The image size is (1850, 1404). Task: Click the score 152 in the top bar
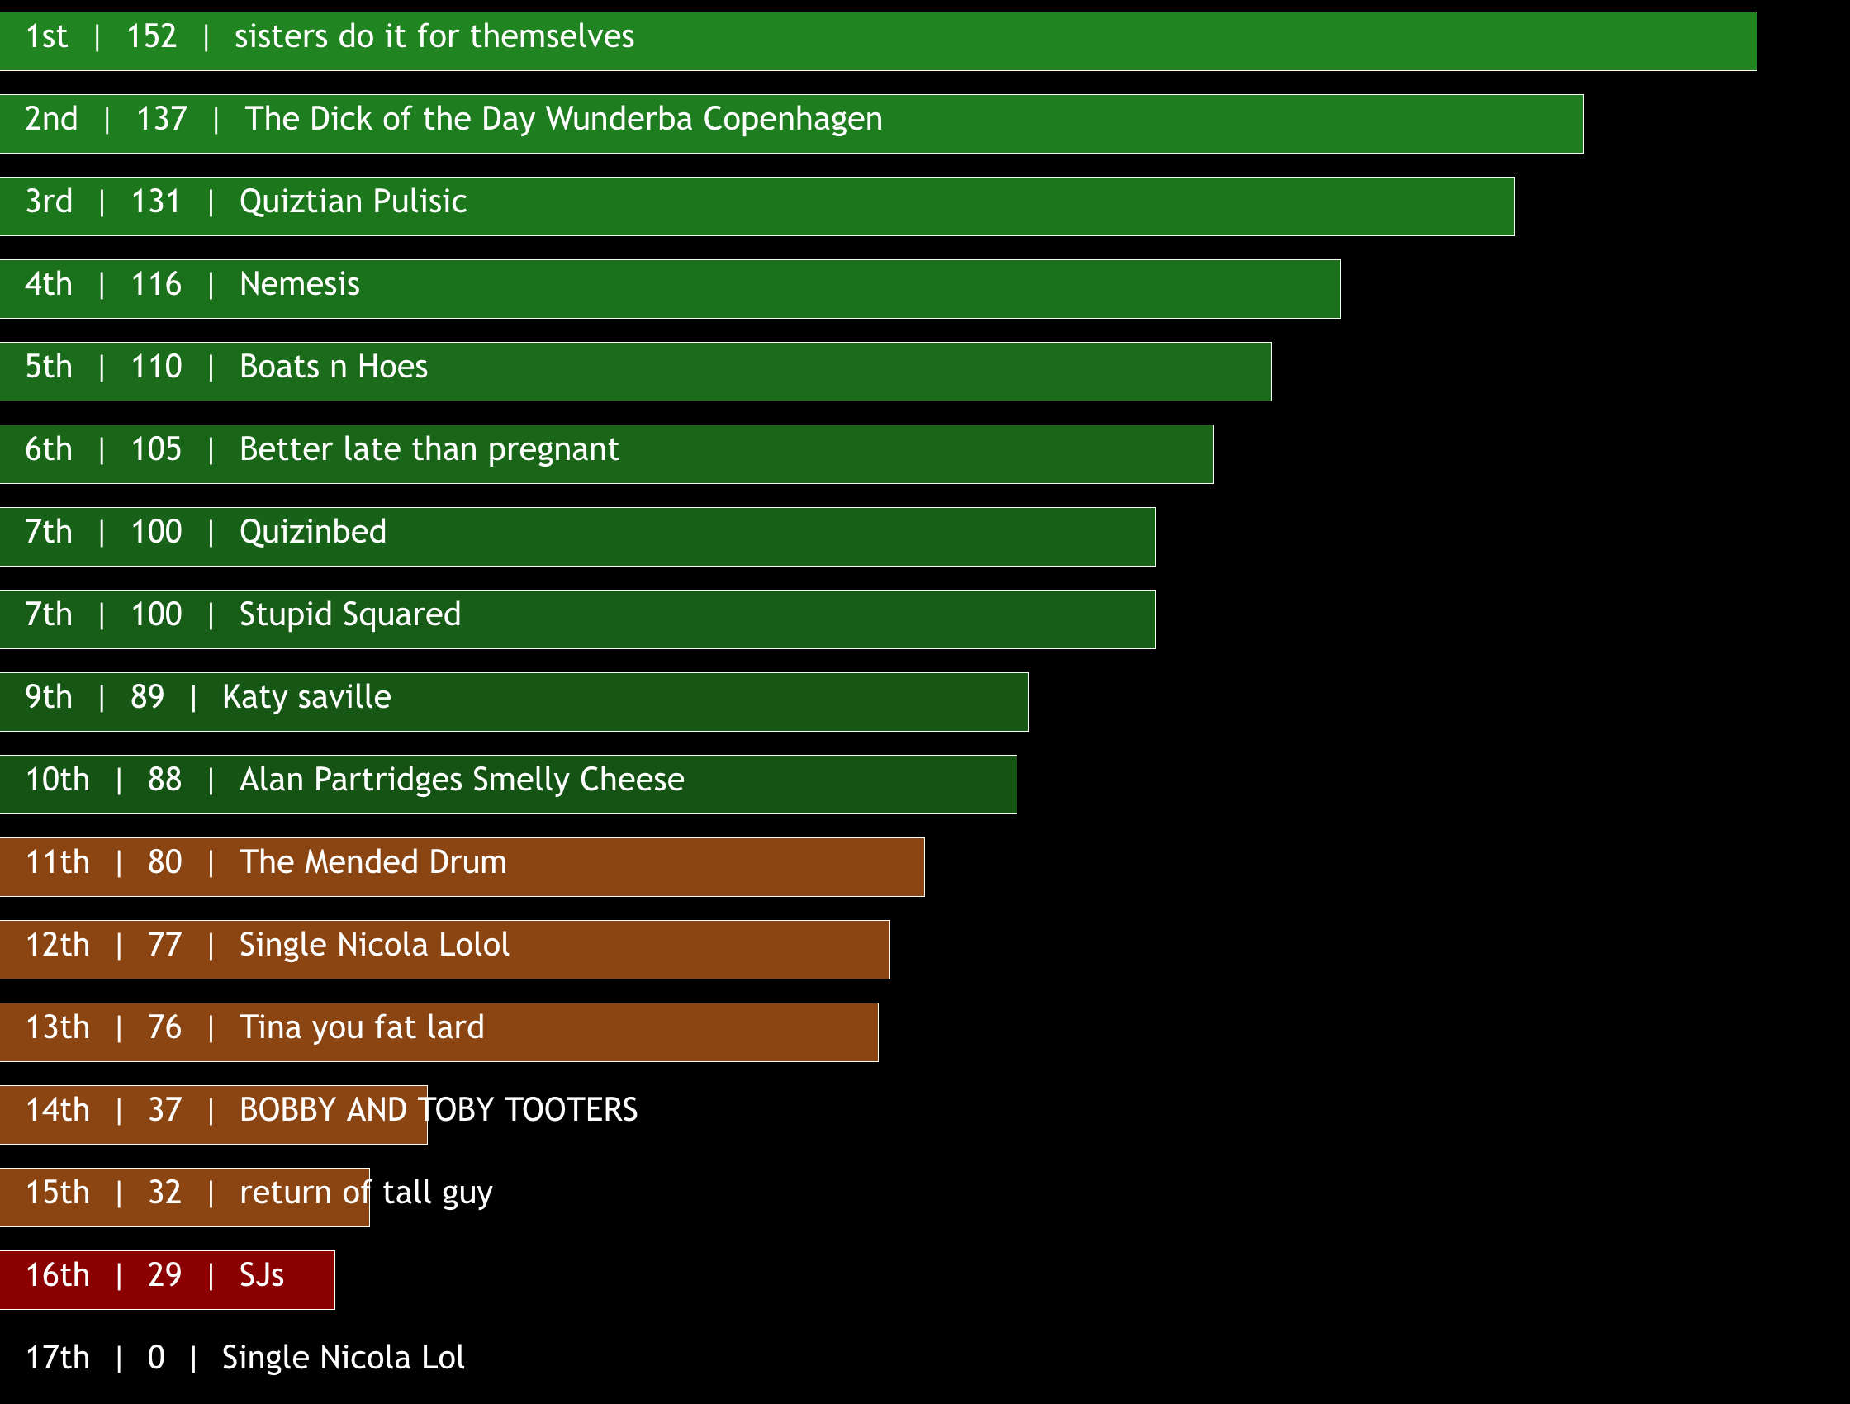point(151,37)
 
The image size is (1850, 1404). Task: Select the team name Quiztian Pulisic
point(352,202)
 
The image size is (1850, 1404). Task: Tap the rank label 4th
point(49,284)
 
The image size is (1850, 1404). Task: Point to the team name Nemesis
point(300,284)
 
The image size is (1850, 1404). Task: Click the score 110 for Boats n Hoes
point(156,367)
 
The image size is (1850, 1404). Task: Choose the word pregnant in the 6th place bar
point(553,450)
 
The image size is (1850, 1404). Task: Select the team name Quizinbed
point(313,532)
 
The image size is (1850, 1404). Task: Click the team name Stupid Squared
point(349,614)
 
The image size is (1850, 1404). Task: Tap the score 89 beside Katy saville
point(147,697)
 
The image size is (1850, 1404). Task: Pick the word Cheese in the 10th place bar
point(632,780)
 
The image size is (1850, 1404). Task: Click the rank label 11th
point(57,862)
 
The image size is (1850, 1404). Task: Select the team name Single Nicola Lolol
point(374,945)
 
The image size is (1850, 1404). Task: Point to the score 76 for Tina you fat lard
point(164,1027)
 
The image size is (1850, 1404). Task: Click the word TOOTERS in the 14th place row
point(572,1110)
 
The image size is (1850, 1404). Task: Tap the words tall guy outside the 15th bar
point(438,1193)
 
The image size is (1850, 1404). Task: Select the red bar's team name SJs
point(262,1275)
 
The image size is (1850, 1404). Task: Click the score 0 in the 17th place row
point(155,1358)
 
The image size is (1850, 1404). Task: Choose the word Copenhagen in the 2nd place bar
point(792,119)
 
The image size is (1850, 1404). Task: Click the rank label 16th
point(57,1275)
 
